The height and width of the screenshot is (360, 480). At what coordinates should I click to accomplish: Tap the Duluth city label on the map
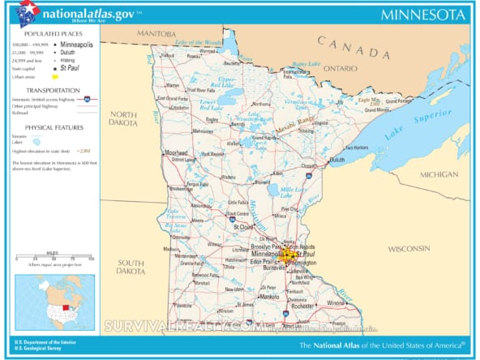[x=336, y=161]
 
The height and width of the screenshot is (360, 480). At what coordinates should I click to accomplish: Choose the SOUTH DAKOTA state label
[x=130, y=267]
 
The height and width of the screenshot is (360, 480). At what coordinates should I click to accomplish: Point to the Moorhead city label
[x=176, y=152]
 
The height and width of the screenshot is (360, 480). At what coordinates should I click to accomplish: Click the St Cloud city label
[x=244, y=227]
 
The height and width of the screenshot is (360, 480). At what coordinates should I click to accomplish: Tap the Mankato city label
[x=270, y=297]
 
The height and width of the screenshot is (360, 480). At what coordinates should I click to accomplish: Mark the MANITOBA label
[x=156, y=34]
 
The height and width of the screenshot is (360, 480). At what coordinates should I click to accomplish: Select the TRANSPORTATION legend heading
[x=52, y=90]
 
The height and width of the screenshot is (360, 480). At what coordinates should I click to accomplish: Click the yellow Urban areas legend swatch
[x=55, y=76]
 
